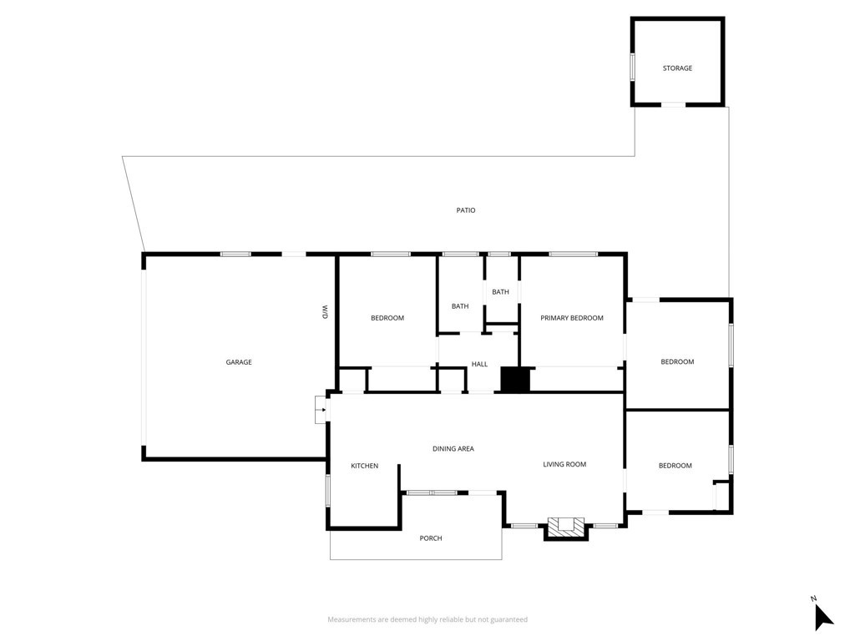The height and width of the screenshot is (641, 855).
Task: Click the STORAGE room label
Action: (x=677, y=68)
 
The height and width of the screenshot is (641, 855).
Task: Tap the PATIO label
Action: (x=466, y=210)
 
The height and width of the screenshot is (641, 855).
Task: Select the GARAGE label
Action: (x=239, y=362)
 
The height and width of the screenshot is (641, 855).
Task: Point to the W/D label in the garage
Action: (x=325, y=312)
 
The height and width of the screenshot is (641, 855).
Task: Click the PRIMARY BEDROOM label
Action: (x=572, y=318)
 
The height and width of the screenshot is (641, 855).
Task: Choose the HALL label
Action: (x=479, y=364)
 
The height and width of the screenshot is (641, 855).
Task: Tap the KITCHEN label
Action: (x=364, y=466)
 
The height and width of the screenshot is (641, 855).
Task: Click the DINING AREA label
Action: (x=453, y=449)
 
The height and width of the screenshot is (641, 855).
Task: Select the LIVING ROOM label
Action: (x=564, y=464)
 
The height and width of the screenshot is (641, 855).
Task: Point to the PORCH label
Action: (x=431, y=538)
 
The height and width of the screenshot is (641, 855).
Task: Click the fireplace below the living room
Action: (x=565, y=527)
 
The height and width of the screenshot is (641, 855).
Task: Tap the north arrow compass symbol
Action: (x=823, y=618)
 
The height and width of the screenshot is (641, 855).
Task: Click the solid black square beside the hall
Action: (x=515, y=380)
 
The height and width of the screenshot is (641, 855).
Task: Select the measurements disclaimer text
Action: (x=427, y=619)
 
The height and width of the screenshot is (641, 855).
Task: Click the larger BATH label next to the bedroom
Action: (x=460, y=306)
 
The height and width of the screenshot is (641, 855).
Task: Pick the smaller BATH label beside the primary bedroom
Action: (x=500, y=292)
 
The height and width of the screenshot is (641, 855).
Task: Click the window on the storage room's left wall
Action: (x=632, y=67)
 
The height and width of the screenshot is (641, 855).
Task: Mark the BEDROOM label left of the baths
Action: (x=387, y=318)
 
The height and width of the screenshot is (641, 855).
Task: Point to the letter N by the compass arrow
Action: (x=813, y=598)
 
